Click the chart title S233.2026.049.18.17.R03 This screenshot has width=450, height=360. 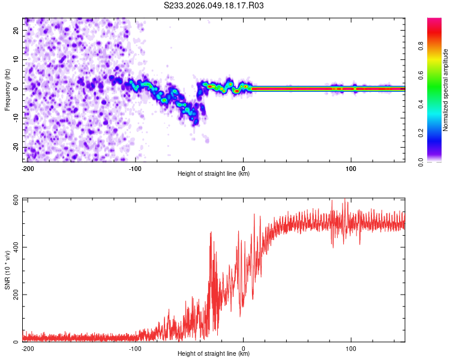pos(214,5)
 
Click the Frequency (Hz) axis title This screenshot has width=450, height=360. pos(7,89)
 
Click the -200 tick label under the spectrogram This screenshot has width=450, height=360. pos(26,168)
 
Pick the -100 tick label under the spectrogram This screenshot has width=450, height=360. pos(135,168)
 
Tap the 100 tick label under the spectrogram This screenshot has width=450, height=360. pos(351,168)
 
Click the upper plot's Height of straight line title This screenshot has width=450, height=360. pos(214,174)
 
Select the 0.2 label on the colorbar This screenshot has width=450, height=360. pos(437,133)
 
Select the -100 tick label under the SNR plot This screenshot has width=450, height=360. pos(135,348)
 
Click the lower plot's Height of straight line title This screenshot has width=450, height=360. pos(214,354)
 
